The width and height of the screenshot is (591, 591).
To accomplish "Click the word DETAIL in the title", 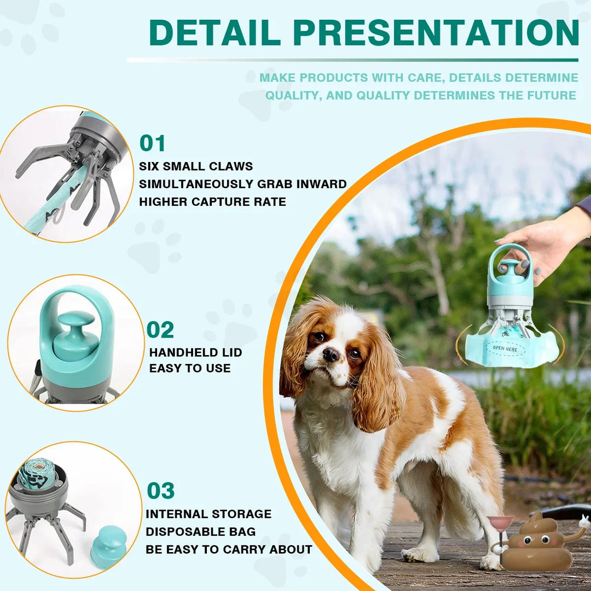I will click(216, 33).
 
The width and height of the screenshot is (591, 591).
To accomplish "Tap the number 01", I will click(152, 143).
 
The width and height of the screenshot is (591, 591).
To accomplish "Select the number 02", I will click(160, 330).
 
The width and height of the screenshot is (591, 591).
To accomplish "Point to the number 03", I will click(160, 491).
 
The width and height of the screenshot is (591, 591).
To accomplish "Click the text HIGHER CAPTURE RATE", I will click(212, 202).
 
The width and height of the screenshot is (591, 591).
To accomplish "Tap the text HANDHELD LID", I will click(195, 352).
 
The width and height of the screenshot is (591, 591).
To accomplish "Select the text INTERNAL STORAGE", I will click(208, 514).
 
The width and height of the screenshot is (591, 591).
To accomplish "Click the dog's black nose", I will click(331, 355).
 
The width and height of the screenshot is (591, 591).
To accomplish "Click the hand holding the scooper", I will click(542, 241).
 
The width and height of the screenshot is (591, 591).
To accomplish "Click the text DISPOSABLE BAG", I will click(200, 531).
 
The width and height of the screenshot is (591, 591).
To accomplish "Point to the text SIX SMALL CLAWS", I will click(196, 166).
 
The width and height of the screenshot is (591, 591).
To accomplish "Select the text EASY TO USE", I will click(190, 368).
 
